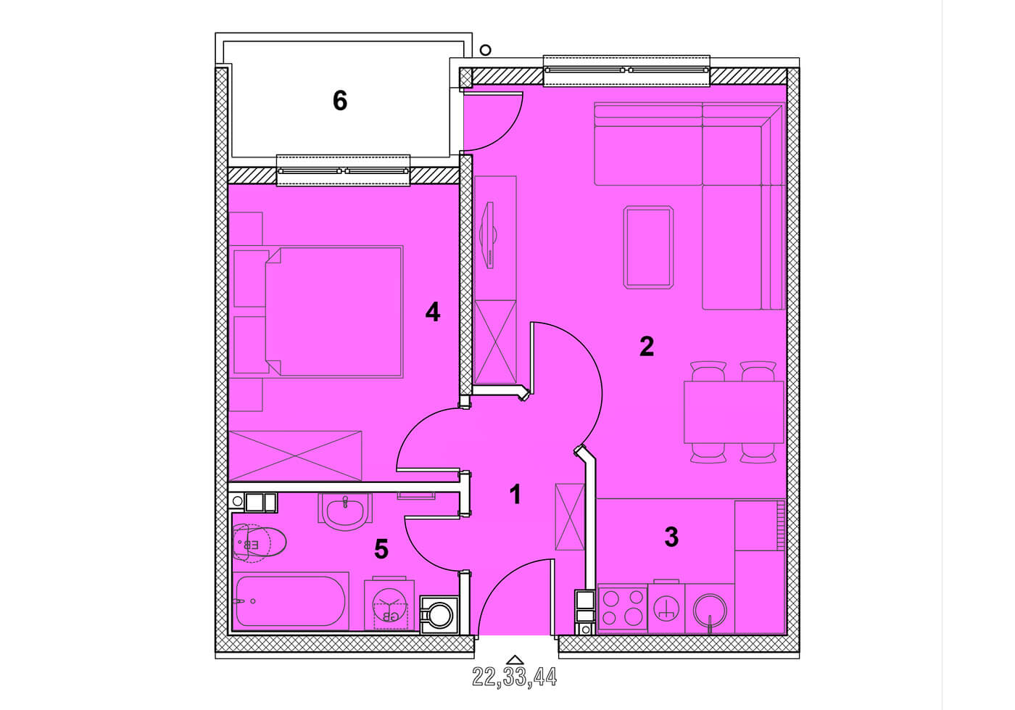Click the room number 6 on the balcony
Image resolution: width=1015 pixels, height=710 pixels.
(x=340, y=100)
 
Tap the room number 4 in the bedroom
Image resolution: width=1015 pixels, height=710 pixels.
(x=433, y=312)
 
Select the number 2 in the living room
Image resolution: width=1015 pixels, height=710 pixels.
(x=647, y=347)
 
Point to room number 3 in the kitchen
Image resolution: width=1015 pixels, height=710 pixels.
(x=671, y=537)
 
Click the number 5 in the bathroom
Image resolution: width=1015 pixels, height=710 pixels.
(x=381, y=549)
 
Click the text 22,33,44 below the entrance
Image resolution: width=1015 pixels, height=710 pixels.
(x=514, y=677)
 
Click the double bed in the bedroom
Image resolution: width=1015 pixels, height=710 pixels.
(x=334, y=311)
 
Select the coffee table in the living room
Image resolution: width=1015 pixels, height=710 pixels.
(x=648, y=247)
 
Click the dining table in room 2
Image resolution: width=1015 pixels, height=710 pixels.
(x=734, y=412)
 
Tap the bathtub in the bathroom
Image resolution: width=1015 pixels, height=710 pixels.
(x=291, y=601)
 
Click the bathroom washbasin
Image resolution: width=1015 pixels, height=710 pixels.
(x=345, y=511)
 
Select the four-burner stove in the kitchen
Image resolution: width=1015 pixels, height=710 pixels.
(x=623, y=610)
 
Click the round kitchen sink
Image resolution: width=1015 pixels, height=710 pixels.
(x=710, y=611)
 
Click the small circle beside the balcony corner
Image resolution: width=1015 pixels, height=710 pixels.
(x=485, y=50)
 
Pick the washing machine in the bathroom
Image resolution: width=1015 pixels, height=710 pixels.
(x=389, y=605)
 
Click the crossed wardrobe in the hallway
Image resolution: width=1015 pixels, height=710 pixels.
(x=570, y=517)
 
